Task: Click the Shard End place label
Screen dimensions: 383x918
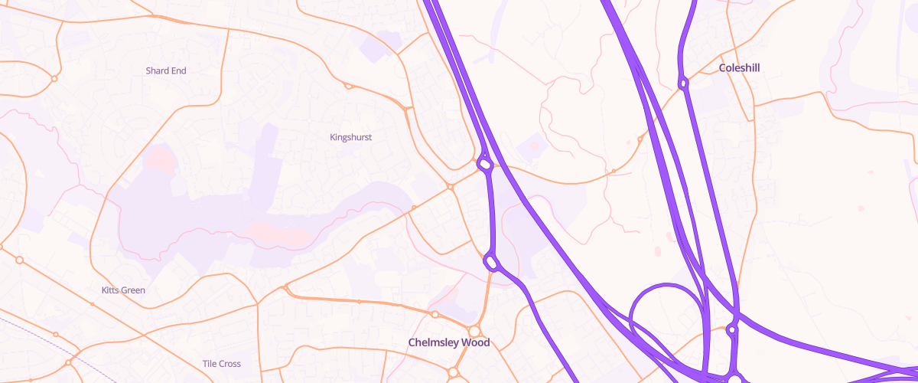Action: (166, 70)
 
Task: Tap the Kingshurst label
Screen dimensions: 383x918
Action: (350, 137)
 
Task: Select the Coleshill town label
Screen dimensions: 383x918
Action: (739, 67)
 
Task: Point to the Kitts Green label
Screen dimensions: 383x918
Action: (123, 290)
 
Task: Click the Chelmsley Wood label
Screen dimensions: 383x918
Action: (448, 342)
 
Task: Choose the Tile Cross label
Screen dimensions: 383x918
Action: (221, 363)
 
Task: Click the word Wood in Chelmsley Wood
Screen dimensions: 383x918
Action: (475, 342)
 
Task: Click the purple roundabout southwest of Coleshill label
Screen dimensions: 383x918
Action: (683, 83)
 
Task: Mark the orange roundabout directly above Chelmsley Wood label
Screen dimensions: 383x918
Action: (474, 331)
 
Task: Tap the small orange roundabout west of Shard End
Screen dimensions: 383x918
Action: (54, 78)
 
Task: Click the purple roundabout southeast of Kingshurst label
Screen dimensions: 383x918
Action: (484, 163)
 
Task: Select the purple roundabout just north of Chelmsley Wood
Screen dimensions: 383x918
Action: (492, 264)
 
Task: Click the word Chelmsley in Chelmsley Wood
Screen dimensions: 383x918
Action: (435, 342)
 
